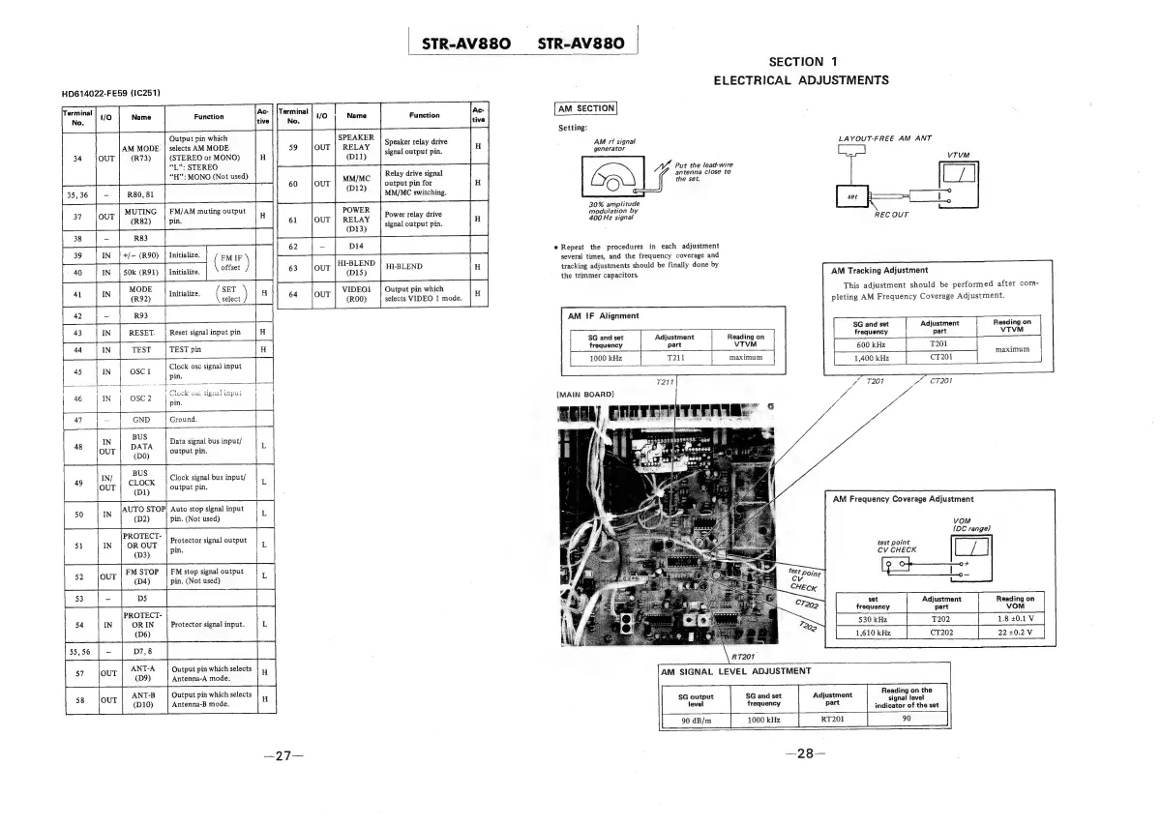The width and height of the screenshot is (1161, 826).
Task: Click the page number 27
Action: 277,756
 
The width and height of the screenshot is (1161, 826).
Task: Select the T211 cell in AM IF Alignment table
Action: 675,358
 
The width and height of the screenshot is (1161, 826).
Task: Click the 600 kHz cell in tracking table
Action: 871,343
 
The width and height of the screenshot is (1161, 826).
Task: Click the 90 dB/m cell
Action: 697,720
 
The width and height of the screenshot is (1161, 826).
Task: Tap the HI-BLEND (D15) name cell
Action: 356,267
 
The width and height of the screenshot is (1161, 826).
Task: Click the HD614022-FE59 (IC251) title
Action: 110,94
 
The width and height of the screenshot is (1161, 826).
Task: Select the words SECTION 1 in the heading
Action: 802,63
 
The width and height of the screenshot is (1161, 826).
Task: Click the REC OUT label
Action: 891,215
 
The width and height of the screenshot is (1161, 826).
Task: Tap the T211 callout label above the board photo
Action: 665,383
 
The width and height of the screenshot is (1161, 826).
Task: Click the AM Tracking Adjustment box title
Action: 880,270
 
